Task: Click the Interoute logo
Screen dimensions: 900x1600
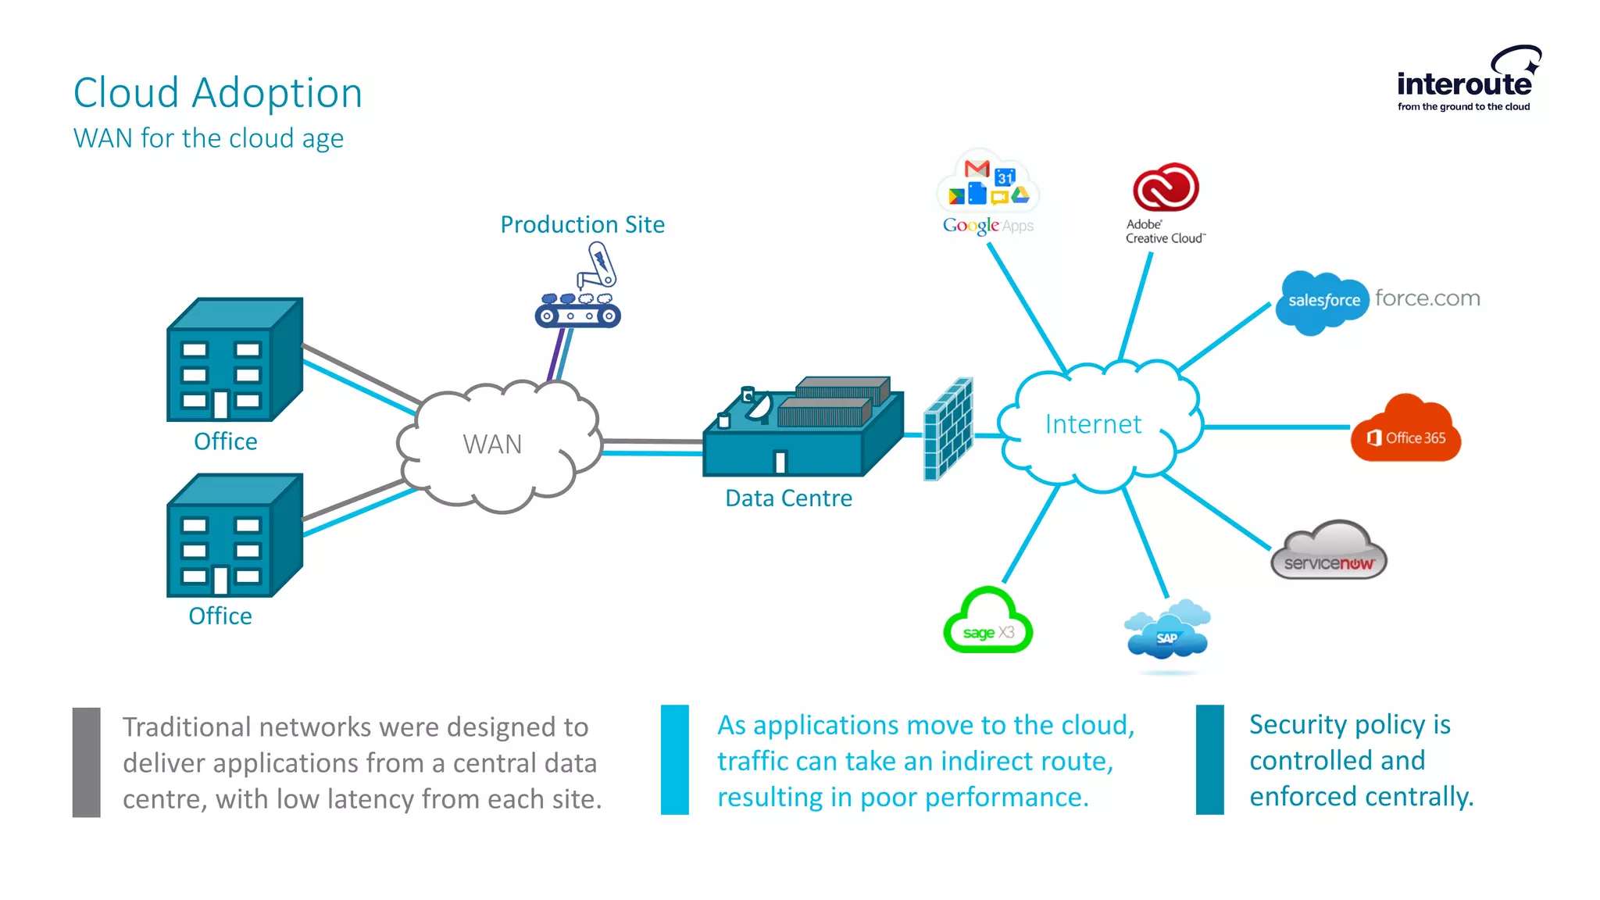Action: tap(1466, 81)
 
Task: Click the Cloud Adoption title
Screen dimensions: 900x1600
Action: tap(218, 93)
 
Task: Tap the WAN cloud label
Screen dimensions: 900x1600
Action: tap(492, 444)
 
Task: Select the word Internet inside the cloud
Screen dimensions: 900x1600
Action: tap(1093, 424)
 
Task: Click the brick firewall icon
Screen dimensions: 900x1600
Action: tap(948, 429)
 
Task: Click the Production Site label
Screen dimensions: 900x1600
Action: tap(582, 225)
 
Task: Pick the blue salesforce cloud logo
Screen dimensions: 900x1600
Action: tap(1322, 302)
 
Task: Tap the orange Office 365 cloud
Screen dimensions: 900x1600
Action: tap(1406, 430)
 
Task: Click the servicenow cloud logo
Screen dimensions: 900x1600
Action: tap(1329, 552)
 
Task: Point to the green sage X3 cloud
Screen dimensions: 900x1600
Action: tap(987, 623)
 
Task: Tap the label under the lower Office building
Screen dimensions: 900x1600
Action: tap(220, 616)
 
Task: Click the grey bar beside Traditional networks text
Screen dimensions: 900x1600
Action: tap(86, 762)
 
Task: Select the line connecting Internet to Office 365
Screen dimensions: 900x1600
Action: tap(1277, 427)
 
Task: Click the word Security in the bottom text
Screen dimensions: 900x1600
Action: tap(1298, 725)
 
